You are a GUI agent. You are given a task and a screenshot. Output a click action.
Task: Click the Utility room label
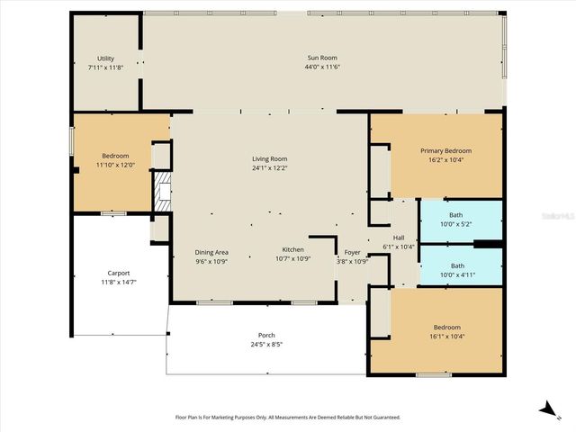tap(106, 58)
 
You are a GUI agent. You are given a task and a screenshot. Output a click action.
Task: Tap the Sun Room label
tap(322, 58)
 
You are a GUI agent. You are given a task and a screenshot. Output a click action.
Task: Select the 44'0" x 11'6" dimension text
tap(322, 67)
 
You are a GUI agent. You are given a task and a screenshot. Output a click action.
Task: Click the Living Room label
tap(269, 159)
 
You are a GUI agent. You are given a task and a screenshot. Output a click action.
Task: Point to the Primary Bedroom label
tap(445, 150)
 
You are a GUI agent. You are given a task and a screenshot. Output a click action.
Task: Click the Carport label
tap(118, 273)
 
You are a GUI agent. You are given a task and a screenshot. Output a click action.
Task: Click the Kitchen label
tap(292, 249)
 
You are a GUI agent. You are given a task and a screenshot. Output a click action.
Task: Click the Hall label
tap(398, 238)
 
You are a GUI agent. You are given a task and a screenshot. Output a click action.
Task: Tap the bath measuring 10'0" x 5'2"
tap(456, 220)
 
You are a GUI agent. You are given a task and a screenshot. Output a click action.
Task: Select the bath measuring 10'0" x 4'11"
tap(456, 270)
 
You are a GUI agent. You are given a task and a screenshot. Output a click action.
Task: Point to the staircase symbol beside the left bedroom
tap(161, 191)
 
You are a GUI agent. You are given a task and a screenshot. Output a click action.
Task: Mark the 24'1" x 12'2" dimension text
tap(269, 168)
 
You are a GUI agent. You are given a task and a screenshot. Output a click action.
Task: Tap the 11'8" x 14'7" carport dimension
tap(118, 282)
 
